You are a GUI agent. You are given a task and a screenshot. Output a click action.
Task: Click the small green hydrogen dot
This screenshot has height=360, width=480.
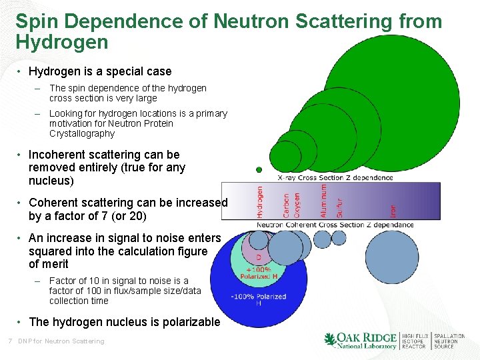259,170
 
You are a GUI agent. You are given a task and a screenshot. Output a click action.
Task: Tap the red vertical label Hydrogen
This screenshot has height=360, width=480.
260,201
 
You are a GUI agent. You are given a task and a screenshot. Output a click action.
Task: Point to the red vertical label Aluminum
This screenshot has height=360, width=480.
324,200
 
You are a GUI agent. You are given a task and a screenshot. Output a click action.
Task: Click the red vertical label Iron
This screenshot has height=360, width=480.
393,210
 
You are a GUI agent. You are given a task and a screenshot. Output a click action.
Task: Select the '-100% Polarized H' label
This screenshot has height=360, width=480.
259,300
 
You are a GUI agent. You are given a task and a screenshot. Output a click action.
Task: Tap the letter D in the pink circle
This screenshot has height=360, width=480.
259,256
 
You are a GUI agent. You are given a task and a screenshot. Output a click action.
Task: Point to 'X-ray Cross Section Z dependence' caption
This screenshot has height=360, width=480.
335,177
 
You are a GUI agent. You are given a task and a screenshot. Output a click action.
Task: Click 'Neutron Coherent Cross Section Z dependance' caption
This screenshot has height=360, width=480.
335,225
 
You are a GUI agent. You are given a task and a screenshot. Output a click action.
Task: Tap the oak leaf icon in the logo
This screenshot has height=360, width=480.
330,341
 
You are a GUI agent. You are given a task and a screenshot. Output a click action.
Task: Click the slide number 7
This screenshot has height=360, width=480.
9,341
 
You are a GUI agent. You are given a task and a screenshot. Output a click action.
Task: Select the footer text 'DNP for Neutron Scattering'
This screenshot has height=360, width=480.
61,341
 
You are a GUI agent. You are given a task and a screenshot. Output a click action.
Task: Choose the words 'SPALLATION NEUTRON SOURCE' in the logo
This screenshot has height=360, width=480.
449,341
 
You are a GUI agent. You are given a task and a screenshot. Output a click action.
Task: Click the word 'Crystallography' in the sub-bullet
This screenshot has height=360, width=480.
82,133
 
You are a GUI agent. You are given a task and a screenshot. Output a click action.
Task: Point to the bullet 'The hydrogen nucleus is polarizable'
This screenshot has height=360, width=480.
124,322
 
